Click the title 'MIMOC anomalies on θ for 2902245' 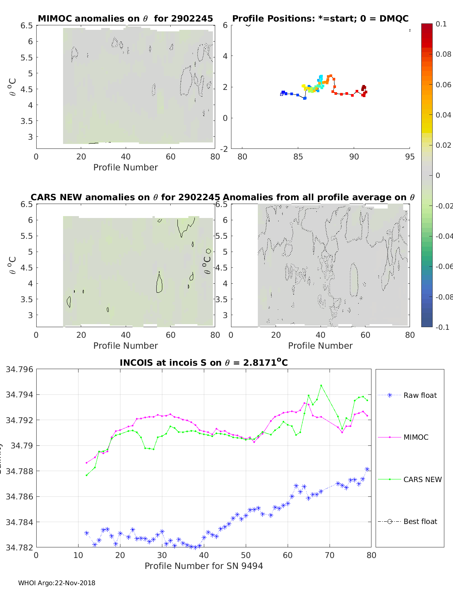tap(125, 19)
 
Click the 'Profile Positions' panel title tap(320, 19)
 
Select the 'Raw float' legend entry tap(420, 395)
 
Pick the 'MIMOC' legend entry tap(416, 437)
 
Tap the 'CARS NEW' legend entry tap(422, 479)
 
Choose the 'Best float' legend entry tap(420, 521)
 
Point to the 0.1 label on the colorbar tap(441, 24)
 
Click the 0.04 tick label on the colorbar tap(443, 115)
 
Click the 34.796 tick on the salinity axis tap(19, 369)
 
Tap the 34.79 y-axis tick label tap(22, 446)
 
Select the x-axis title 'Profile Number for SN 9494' tap(203, 566)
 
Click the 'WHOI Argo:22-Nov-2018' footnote tap(57, 583)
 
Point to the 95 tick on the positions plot tap(410, 156)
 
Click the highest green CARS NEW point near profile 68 tap(321, 386)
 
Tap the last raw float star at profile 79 tap(367, 469)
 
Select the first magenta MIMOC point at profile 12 tap(86, 462)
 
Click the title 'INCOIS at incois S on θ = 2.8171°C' tap(203, 363)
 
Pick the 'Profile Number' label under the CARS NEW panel tap(125, 346)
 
